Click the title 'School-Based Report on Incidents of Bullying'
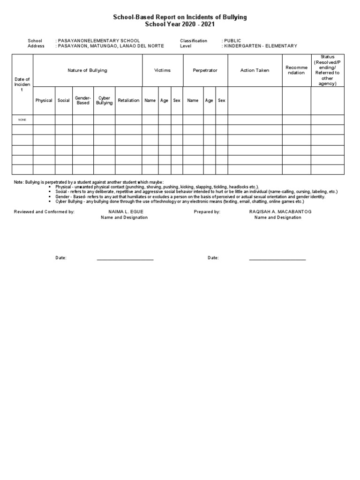coord(180,17)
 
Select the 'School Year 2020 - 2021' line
coord(180,24)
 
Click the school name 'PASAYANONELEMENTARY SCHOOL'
coord(98,41)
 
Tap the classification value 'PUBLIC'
coord(232,41)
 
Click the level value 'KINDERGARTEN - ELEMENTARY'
coord(261,46)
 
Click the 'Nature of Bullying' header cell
coord(87,70)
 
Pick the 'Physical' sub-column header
coord(44,100)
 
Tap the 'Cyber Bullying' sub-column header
coord(104,100)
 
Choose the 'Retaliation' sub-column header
coord(128,100)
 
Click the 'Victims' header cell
coord(162,70)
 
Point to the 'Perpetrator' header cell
coord(205,70)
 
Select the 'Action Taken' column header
coord(255,70)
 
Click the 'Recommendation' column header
coord(296,70)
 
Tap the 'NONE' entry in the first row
coord(22,120)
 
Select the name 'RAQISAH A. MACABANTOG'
coord(280,212)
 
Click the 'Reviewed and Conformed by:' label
coord(44,212)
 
